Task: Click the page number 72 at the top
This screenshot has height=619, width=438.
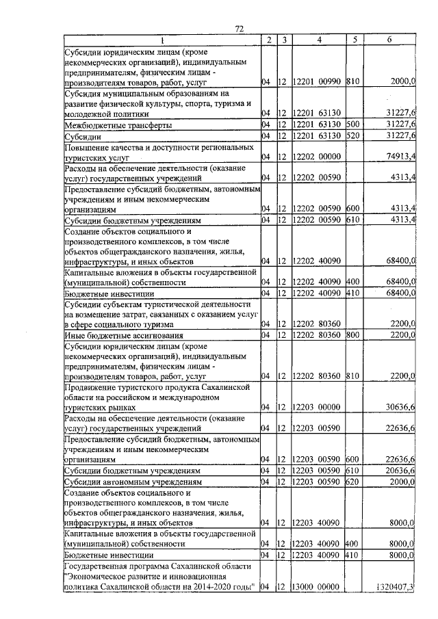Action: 239,28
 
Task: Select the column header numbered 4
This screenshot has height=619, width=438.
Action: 319,40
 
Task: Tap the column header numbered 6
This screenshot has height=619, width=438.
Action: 389,40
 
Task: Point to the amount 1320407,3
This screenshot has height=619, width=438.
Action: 396,586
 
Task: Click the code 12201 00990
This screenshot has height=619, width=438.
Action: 318,82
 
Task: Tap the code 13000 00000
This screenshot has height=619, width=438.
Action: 318,586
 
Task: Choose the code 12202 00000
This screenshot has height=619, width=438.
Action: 318,157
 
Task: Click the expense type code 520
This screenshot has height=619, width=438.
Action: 355,136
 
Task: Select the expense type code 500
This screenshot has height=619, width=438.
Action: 355,125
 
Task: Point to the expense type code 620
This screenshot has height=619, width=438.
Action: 355,482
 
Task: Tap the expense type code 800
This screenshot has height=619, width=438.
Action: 355,335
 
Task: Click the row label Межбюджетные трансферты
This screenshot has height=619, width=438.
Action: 108,126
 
